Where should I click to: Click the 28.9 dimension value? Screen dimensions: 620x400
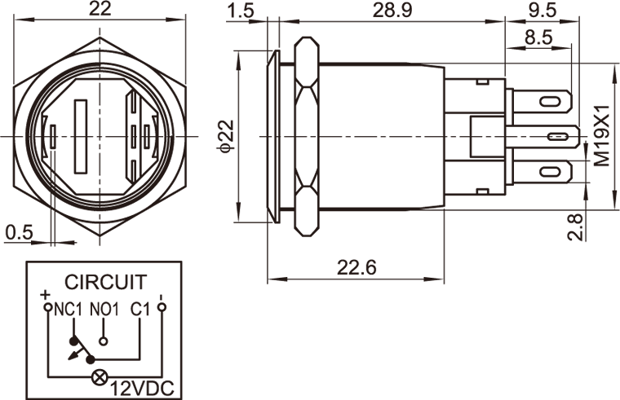pos(392,11)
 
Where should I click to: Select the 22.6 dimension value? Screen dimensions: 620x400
pos(356,268)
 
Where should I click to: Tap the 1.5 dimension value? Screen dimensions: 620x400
pos(240,11)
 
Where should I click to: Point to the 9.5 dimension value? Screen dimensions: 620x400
pos(542,11)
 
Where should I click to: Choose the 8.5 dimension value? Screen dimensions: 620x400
pos(538,38)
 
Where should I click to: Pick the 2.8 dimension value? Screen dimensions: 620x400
pos(575,227)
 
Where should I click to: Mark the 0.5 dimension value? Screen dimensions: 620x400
pos(19,232)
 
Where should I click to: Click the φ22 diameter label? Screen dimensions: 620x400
pos(227,136)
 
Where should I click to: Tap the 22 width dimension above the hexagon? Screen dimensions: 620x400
pos(100,9)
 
